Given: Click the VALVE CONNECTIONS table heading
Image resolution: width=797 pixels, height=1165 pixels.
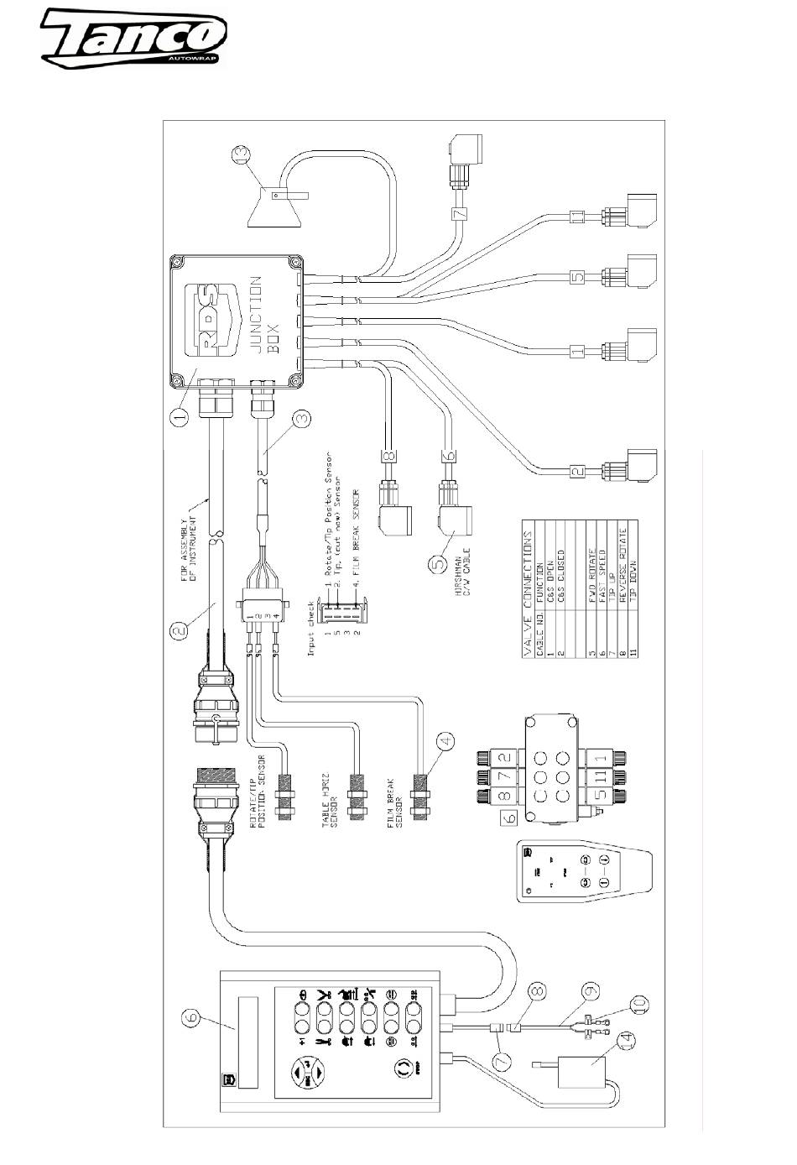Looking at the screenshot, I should [527, 593].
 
